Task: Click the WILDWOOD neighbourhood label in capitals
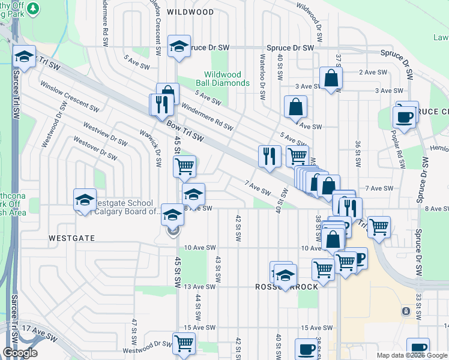pos(190,12)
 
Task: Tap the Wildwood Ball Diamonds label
pos(223,79)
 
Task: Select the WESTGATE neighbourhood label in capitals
pos(71,238)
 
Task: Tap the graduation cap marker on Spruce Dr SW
pos(179,48)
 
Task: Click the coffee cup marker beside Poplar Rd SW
pos(403,116)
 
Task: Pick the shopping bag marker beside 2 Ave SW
pos(331,79)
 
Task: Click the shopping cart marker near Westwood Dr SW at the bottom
pos(184,344)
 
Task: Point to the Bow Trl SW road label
pos(186,131)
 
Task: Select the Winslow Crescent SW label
pos(69,97)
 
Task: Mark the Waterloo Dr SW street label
pos(262,77)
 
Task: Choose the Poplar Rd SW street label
pos(398,147)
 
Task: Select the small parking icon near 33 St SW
pos(406,311)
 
